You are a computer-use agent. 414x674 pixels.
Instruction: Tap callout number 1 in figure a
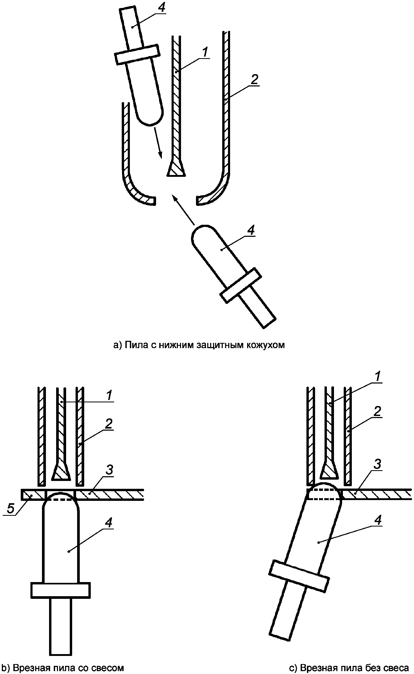click(x=205, y=52)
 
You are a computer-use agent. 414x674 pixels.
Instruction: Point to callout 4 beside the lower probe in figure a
click(x=251, y=230)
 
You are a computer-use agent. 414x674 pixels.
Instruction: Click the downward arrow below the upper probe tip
click(x=157, y=142)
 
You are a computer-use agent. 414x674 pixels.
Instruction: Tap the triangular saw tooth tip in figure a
click(x=176, y=168)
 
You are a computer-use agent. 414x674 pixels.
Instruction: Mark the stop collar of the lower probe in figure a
click(x=241, y=286)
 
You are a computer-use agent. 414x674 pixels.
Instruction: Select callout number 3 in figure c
click(x=378, y=464)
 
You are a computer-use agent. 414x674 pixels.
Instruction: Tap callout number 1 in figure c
click(x=378, y=377)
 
